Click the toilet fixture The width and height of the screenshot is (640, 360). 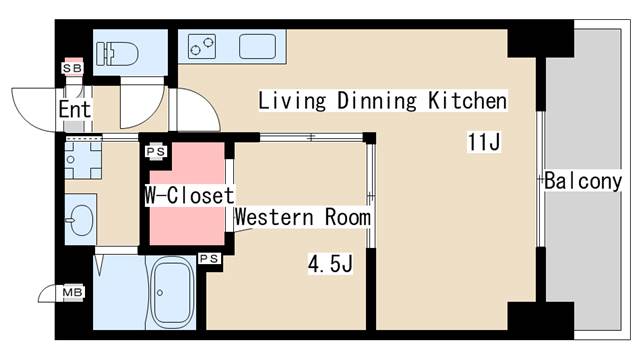118,53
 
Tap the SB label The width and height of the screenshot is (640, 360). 73,68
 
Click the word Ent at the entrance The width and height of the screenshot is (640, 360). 75,109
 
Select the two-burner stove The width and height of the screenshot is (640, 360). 202,46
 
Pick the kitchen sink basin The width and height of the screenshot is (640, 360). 257,47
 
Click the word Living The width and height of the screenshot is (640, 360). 292,101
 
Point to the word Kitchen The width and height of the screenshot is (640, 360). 467,100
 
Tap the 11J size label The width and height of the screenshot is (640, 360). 484,142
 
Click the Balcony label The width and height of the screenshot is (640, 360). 583,181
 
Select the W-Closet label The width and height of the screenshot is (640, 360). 189,195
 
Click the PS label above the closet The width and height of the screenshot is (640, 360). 156,151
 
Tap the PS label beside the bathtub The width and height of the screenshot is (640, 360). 209,258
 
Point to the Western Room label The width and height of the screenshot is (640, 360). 302,217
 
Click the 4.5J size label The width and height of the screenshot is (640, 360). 330,264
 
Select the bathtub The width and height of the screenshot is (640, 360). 172,292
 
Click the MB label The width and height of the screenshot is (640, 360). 73,292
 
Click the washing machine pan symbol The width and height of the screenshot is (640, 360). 83,160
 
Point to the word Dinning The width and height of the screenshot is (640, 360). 377,101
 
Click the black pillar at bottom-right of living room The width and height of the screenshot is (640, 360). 540,320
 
